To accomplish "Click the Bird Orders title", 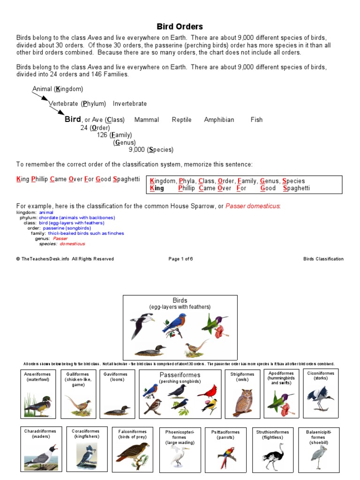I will click(180, 27).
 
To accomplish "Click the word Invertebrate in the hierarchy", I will click(130, 104).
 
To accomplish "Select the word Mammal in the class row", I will click(147, 120).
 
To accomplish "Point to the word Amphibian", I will click(219, 120).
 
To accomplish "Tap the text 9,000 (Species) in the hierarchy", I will click(151, 150).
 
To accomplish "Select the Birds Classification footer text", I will click(323, 259).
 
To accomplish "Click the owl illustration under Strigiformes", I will click(242, 402).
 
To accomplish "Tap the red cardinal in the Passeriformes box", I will click(207, 391).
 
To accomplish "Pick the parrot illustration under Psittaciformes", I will click(226, 457).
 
